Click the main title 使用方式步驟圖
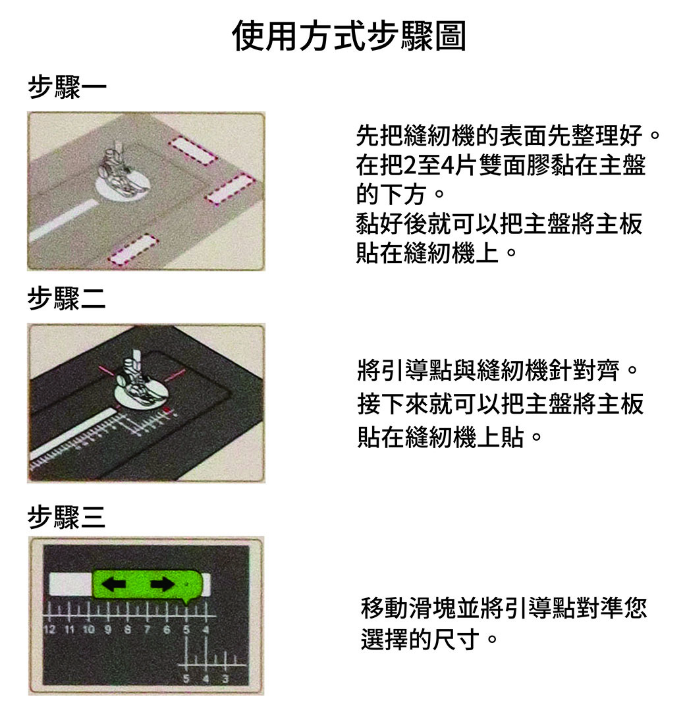(x=349, y=36)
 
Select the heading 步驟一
(x=67, y=87)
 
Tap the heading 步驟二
(x=67, y=298)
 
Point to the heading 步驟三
(x=67, y=516)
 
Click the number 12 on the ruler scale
(x=49, y=630)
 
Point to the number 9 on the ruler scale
(x=108, y=630)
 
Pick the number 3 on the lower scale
(x=225, y=679)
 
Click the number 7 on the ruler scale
(x=147, y=630)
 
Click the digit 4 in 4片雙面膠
(x=447, y=165)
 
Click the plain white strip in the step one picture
(x=63, y=221)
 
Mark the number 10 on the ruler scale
(x=88, y=630)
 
